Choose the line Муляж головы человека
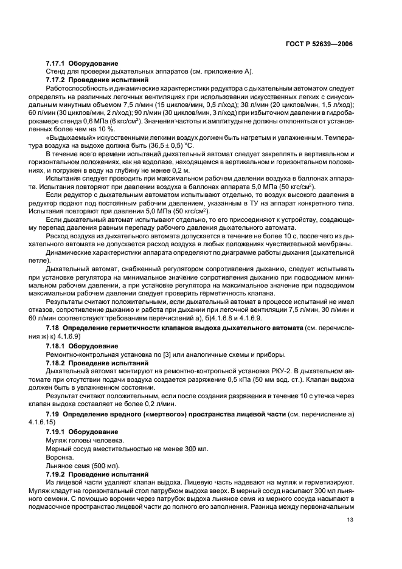[85, 439]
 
